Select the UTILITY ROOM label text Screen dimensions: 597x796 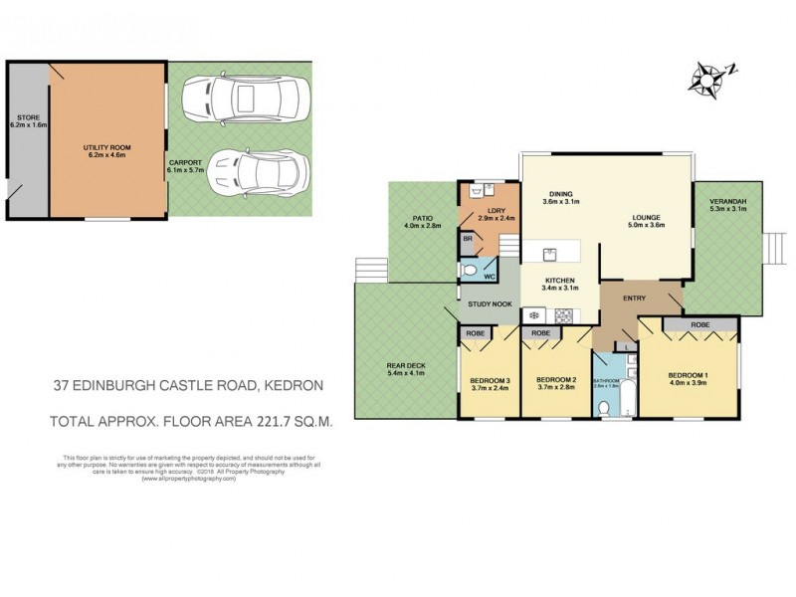click(106, 147)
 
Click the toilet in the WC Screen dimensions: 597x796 click(470, 269)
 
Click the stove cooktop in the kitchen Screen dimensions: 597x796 click(562, 315)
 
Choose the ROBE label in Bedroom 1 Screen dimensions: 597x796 click(700, 324)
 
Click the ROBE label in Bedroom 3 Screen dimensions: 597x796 click(474, 333)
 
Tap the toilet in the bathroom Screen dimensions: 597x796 click(605, 406)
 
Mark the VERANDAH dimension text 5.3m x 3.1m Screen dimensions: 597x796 click(729, 209)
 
